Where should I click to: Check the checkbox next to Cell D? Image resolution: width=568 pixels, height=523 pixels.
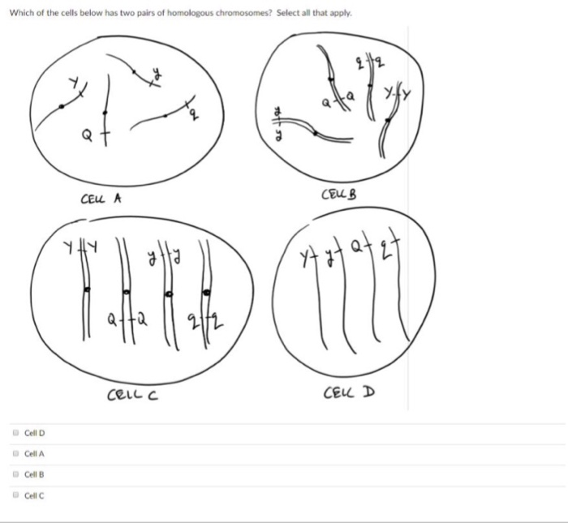pos(15,433)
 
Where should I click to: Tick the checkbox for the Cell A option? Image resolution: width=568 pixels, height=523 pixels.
pos(15,454)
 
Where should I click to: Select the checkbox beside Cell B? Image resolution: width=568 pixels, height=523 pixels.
pos(15,474)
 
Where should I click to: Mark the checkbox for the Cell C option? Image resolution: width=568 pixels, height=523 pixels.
pos(15,495)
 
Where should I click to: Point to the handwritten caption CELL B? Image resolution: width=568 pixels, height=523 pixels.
pos(339,195)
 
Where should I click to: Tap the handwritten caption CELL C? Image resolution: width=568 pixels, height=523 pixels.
pos(133,395)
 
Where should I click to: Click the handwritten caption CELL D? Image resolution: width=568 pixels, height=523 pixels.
pos(349,394)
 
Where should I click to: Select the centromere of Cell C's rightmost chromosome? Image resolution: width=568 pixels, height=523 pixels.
pos(208,290)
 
